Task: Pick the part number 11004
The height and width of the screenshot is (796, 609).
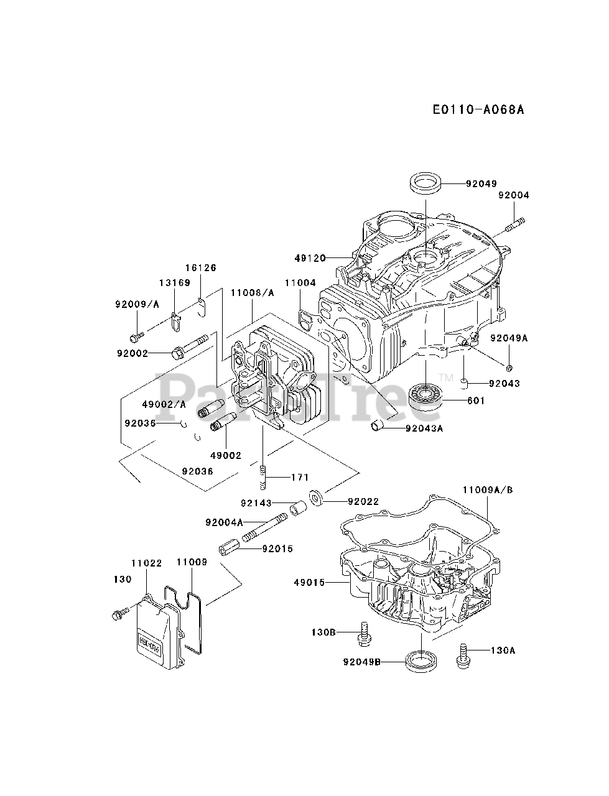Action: [300, 284]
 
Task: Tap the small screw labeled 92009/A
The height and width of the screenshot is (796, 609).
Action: [136, 336]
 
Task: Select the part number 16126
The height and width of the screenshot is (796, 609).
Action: [200, 268]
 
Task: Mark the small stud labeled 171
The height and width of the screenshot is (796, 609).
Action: [264, 478]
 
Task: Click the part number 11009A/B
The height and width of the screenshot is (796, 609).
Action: [487, 490]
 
